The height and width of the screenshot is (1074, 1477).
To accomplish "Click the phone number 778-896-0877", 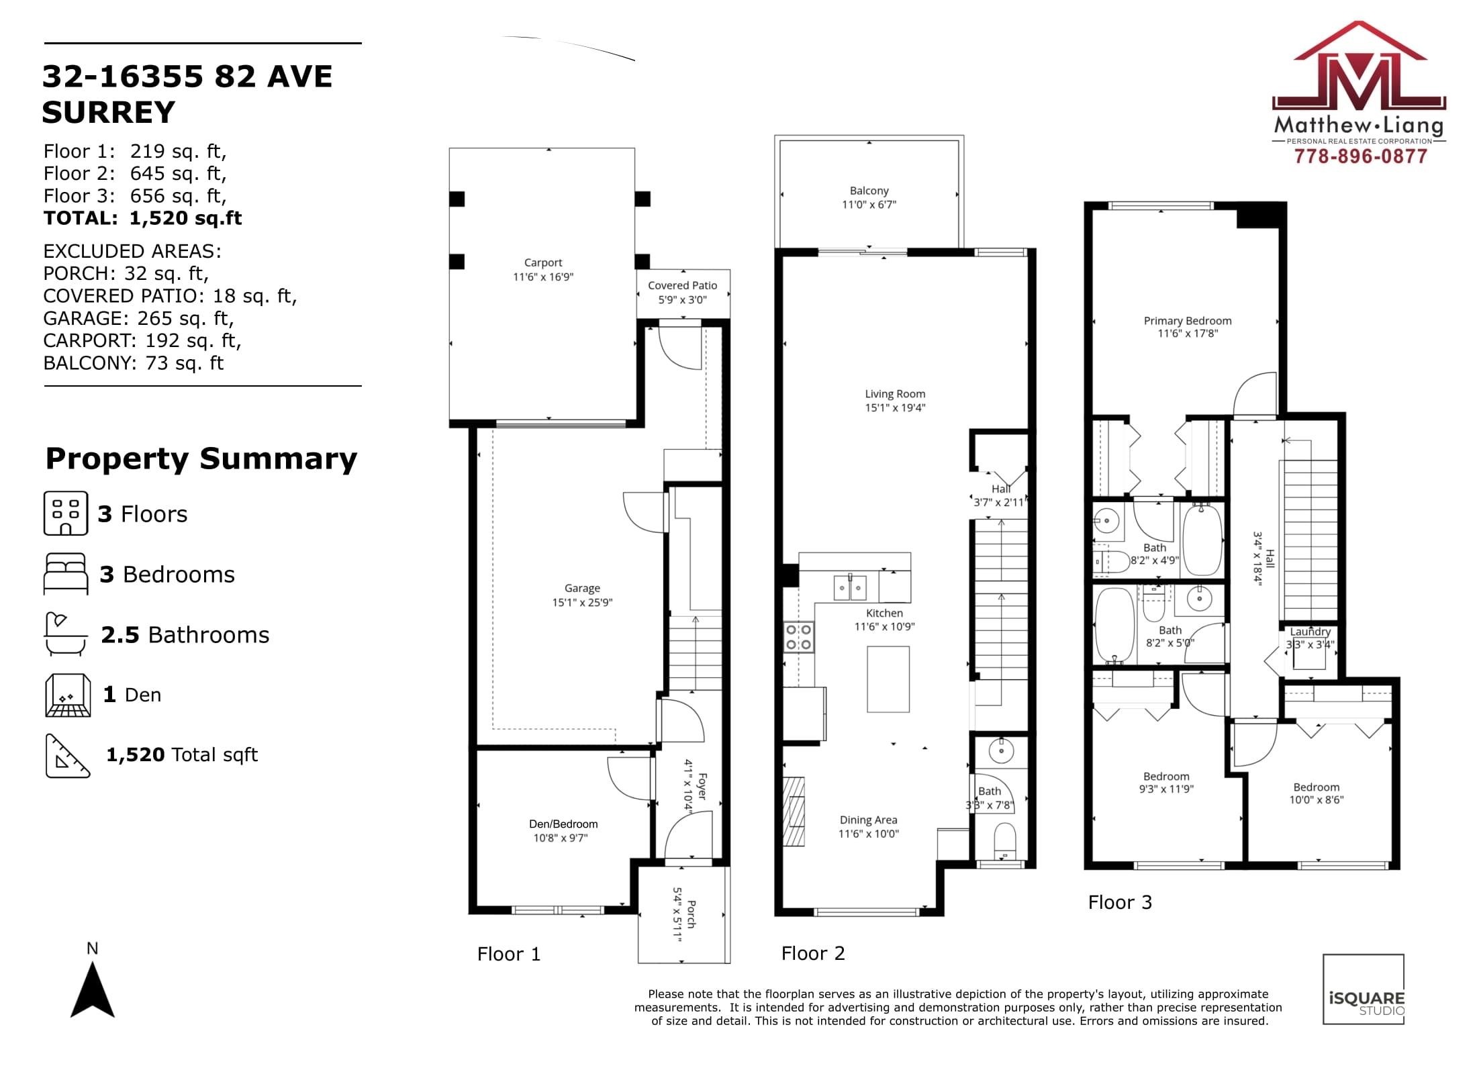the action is [x=1360, y=156].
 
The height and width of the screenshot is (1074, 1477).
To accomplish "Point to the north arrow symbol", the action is [x=93, y=990].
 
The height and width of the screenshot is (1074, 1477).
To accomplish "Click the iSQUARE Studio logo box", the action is [x=1364, y=989].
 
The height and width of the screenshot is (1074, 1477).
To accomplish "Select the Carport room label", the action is [x=543, y=262].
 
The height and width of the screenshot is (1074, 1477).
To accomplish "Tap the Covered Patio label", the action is [x=682, y=285].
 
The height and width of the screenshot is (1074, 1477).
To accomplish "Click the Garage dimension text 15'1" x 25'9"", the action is [x=582, y=602].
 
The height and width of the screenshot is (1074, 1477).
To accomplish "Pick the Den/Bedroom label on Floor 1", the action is [x=563, y=824].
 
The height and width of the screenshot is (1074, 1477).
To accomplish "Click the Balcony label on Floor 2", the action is [x=869, y=191].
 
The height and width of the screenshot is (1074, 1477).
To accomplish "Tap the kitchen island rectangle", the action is [x=888, y=679].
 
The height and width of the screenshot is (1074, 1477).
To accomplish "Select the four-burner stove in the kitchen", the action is [x=799, y=637].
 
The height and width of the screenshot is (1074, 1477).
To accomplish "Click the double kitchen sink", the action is [x=850, y=588].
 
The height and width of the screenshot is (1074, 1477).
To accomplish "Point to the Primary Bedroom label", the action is [x=1188, y=321].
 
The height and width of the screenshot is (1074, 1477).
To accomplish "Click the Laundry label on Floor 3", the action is [x=1310, y=632].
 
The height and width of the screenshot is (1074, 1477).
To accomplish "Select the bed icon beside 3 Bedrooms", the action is [x=66, y=574].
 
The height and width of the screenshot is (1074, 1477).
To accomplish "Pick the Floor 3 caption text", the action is [x=1120, y=902].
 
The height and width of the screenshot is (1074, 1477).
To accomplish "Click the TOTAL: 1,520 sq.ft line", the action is [x=143, y=218].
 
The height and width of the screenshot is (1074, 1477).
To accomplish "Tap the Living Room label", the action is [x=895, y=394].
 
